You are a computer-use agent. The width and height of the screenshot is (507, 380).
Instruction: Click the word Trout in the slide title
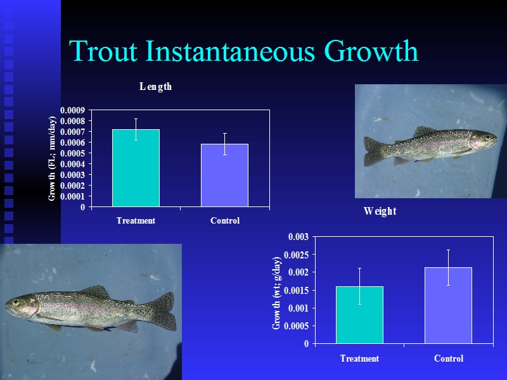[x=103, y=51]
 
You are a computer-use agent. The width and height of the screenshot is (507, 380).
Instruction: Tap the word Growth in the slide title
[x=371, y=51]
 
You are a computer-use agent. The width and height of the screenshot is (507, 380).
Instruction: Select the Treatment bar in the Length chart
[x=136, y=168]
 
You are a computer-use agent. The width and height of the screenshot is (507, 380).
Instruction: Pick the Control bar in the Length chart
[x=225, y=175]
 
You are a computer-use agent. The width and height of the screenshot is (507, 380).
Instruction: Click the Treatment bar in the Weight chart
[x=359, y=315]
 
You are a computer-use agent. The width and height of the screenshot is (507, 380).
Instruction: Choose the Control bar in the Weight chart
[x=449, y=305]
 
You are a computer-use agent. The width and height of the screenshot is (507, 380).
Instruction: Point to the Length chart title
[x=155, y=87]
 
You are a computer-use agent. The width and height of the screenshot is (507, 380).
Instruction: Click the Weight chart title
[x=380, y=211]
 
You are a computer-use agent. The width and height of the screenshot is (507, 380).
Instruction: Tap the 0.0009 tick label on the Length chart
[x=72, y=110]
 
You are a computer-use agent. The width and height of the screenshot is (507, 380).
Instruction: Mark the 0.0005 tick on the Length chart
[x=72, y=153]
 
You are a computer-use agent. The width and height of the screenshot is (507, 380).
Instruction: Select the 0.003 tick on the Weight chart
[x=298, y=237]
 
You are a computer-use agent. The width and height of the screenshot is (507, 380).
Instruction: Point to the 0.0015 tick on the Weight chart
[x=296, y=291]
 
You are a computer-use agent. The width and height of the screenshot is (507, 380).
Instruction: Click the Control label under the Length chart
[x=225, y=220]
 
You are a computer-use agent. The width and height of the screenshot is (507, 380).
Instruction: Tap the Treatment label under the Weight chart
[x=359, y=358]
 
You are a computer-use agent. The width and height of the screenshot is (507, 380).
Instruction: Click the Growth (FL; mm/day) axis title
[x=52, y=158]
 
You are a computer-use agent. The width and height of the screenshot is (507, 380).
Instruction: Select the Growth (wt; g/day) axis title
[x=276, y=293]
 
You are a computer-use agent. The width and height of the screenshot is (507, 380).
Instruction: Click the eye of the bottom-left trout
[x=15, y=303]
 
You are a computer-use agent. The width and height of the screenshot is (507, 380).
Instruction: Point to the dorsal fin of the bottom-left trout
[x=96, y=291]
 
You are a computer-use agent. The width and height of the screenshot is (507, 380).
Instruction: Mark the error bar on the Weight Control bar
[x=449, y=267]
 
